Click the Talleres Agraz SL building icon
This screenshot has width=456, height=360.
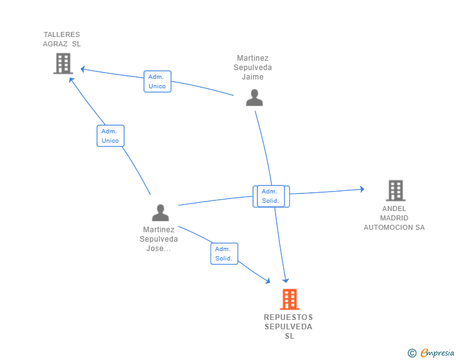click(63, 63)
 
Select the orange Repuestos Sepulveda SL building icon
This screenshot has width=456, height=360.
click(289, 299)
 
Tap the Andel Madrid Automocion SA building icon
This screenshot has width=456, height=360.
click(395, 190)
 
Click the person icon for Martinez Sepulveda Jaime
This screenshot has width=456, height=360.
click(254, 98)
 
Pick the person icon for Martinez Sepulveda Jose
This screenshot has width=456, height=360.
click(160, 213)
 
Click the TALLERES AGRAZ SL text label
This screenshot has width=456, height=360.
click(62, 39)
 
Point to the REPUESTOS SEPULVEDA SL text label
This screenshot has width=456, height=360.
click(288, 327)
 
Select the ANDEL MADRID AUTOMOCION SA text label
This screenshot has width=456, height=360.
click(394, 218)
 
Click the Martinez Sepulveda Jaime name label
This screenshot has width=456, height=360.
click(253, 68)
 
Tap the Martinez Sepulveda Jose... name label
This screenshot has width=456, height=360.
click(159, 239)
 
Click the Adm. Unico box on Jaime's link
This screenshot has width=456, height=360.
click(157, 81)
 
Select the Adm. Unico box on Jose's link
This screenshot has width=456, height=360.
click(110, 136)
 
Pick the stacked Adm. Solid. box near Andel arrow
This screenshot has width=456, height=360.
click(271, 196)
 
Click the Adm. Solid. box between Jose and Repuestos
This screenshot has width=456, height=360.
click(224, 254)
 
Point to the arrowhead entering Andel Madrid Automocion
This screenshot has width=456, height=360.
click(361, 189)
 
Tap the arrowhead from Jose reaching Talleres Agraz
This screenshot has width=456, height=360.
click(71, 80)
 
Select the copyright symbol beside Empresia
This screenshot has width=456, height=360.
click(412, 353)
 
